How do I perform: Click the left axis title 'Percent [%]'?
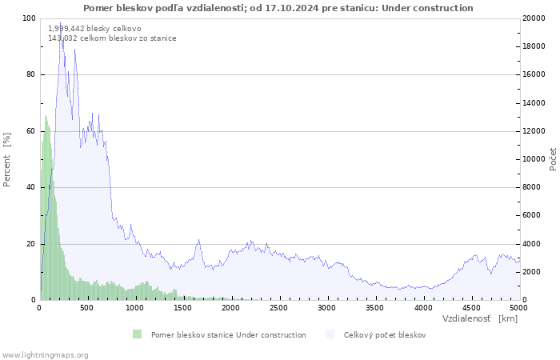click(7, 159)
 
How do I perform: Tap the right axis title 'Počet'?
click(553, 159)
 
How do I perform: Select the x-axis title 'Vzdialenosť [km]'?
click(479, 318)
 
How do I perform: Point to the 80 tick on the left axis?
click(30, 74)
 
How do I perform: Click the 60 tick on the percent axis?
click(30, 131)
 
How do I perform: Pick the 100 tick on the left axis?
click(29, 18)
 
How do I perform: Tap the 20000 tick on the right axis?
click(534, 18)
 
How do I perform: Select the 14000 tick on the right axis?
click(534, 103)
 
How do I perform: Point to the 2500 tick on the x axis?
click(279, 307)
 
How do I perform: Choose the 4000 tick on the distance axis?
click(423, 307)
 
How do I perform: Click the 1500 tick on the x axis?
click(183, 307)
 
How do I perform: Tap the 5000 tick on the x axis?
click(518, 307)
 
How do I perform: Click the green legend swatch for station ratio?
click(138, 334)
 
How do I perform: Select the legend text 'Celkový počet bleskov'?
click(384, 335)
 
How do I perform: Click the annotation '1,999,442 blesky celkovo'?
click(94, 29)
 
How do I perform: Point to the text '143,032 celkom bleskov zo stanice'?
click(112, 38)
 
